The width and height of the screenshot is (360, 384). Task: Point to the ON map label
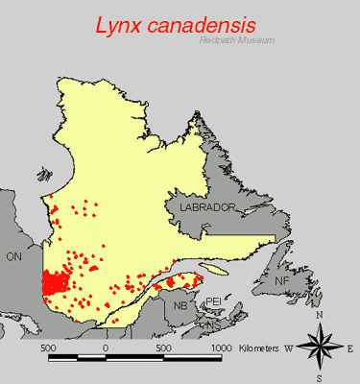coord(13,256)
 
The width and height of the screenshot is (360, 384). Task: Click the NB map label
coord(181,305)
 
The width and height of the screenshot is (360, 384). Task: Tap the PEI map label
coord(216,301)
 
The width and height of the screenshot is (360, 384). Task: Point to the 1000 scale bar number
coord(221,347)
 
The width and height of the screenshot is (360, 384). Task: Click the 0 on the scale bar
coord(106,347)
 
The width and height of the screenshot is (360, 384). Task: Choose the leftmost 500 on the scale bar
coord(48,347)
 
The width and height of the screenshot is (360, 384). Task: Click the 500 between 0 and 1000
coord(163,347)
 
